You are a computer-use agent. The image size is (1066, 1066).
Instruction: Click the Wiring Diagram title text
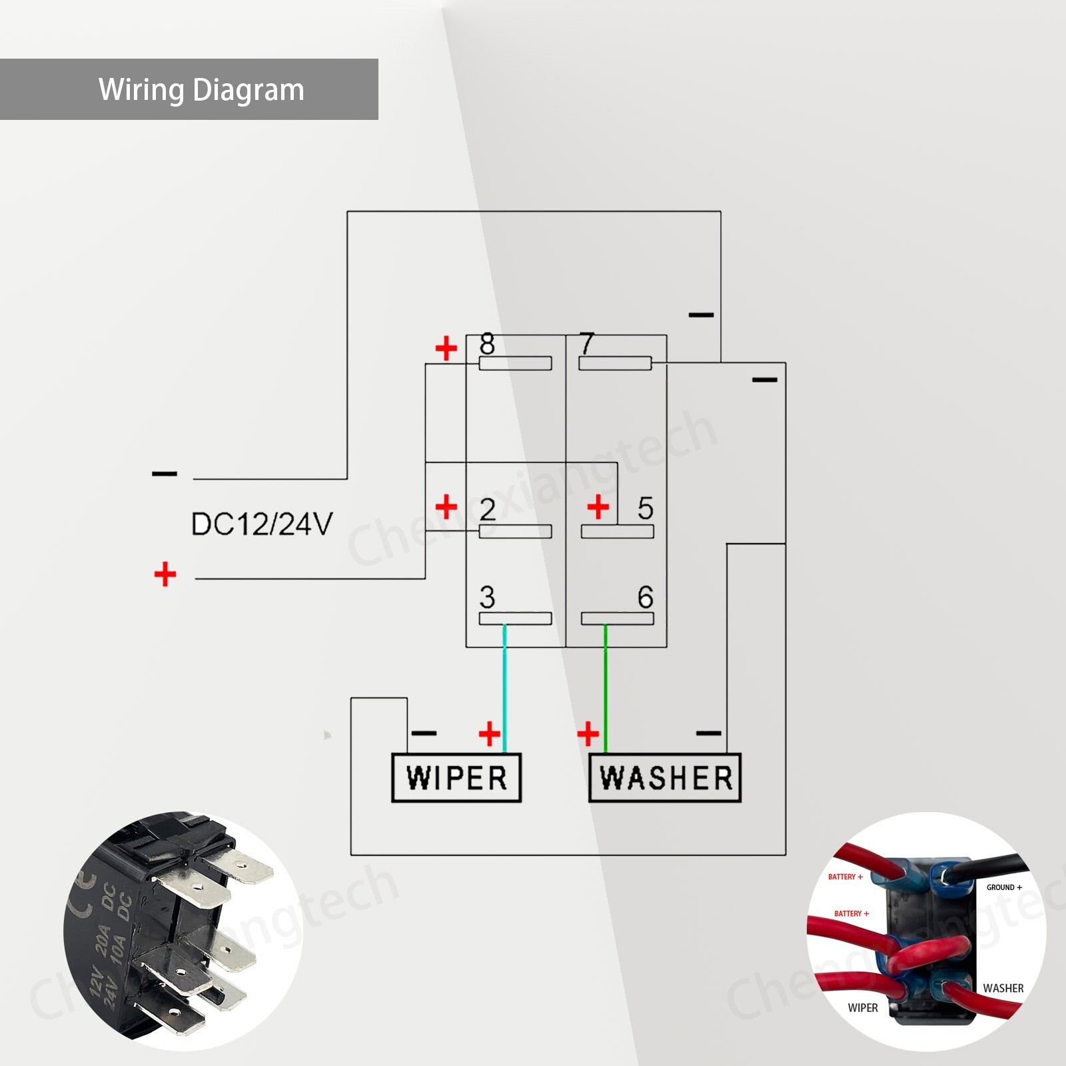click(x=201, y=90)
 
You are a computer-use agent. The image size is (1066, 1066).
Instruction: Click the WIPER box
click(x=456, y=778)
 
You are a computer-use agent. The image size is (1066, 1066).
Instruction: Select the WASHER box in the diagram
click(x=665, y=778)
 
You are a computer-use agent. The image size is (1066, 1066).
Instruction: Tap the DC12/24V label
click(x=261, y=524)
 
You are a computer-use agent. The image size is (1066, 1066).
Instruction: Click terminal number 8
click(x=487, y=344)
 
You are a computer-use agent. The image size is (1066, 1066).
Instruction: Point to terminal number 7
click(x=586, y=344)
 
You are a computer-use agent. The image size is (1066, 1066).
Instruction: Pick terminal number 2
click(x=488, y=510)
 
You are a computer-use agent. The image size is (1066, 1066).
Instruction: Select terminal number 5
click(x=645, y=508)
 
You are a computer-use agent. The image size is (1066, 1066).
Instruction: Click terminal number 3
click(x=487, y=597)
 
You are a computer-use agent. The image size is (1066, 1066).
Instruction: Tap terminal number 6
click(x=645, y=597)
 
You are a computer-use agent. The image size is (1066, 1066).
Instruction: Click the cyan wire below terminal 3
click(x=504, y=686)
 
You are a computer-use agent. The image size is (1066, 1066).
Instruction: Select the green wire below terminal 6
click(x=605, y=686)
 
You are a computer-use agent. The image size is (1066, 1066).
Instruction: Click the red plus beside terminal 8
click(x=446, y=348)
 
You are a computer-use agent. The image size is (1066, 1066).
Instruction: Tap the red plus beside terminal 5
click(x=598, y=507)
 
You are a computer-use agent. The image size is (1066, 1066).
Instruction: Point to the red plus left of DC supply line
click(x=165, y=574)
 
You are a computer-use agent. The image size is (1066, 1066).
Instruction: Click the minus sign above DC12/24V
click(x=165, y=474)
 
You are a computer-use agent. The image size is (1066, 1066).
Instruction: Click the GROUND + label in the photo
click(x=1003, y=887)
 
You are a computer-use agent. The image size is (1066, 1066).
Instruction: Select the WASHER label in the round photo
click(x=1003, y=988)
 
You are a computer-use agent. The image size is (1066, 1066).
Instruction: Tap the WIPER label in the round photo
click(x=863, y=1008)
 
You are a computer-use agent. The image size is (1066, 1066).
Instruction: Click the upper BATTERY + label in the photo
click(x=845, y=877)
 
